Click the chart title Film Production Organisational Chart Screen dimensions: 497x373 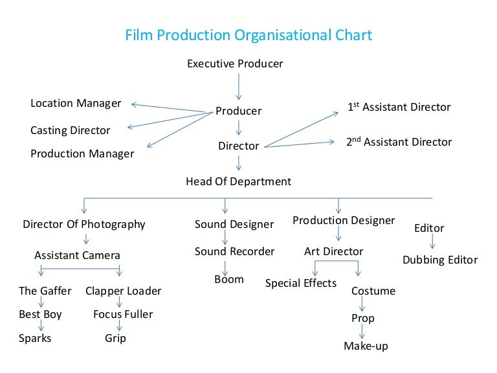(x=248, y=35)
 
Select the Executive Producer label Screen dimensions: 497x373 (x=235, y=63)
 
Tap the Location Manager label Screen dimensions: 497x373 (x=76, y=104)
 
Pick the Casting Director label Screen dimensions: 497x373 (x=71, y=130)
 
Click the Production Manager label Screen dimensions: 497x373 (x=82, y=154)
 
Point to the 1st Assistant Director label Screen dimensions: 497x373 (x=399, y=107)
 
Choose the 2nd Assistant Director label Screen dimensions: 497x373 (x=399, y=142)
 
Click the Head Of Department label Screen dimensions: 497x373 (x=238, y=181)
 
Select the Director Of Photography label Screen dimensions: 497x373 (x=84, y=224)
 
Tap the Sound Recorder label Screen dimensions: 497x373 (x=234, y=251)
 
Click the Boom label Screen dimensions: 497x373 (x=229, y=280)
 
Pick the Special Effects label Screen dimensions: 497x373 (x=301, y=283)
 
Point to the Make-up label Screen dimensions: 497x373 (x=366, y=346)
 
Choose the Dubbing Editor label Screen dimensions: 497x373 (x=440, y=260)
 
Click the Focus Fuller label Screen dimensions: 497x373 (x=123, y=314)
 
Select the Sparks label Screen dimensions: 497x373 (x=35, y=339)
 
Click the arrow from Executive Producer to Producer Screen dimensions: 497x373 (x=239, y=87)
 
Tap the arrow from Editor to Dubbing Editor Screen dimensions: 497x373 (x=432, y=242)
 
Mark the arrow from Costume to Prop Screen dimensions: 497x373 (x=362, y=304)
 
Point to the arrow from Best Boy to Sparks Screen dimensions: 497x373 (x=41, y=326)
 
